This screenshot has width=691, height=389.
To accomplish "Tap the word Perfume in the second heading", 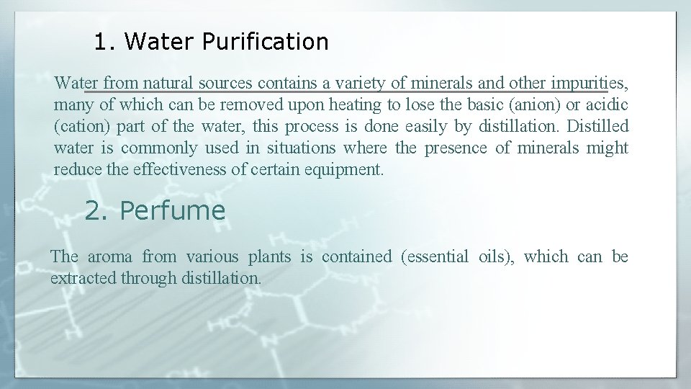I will (x=173, y=210).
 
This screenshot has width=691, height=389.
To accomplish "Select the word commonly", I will (x=158, y=148).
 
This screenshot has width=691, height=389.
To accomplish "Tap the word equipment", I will (x=351, y=170).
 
